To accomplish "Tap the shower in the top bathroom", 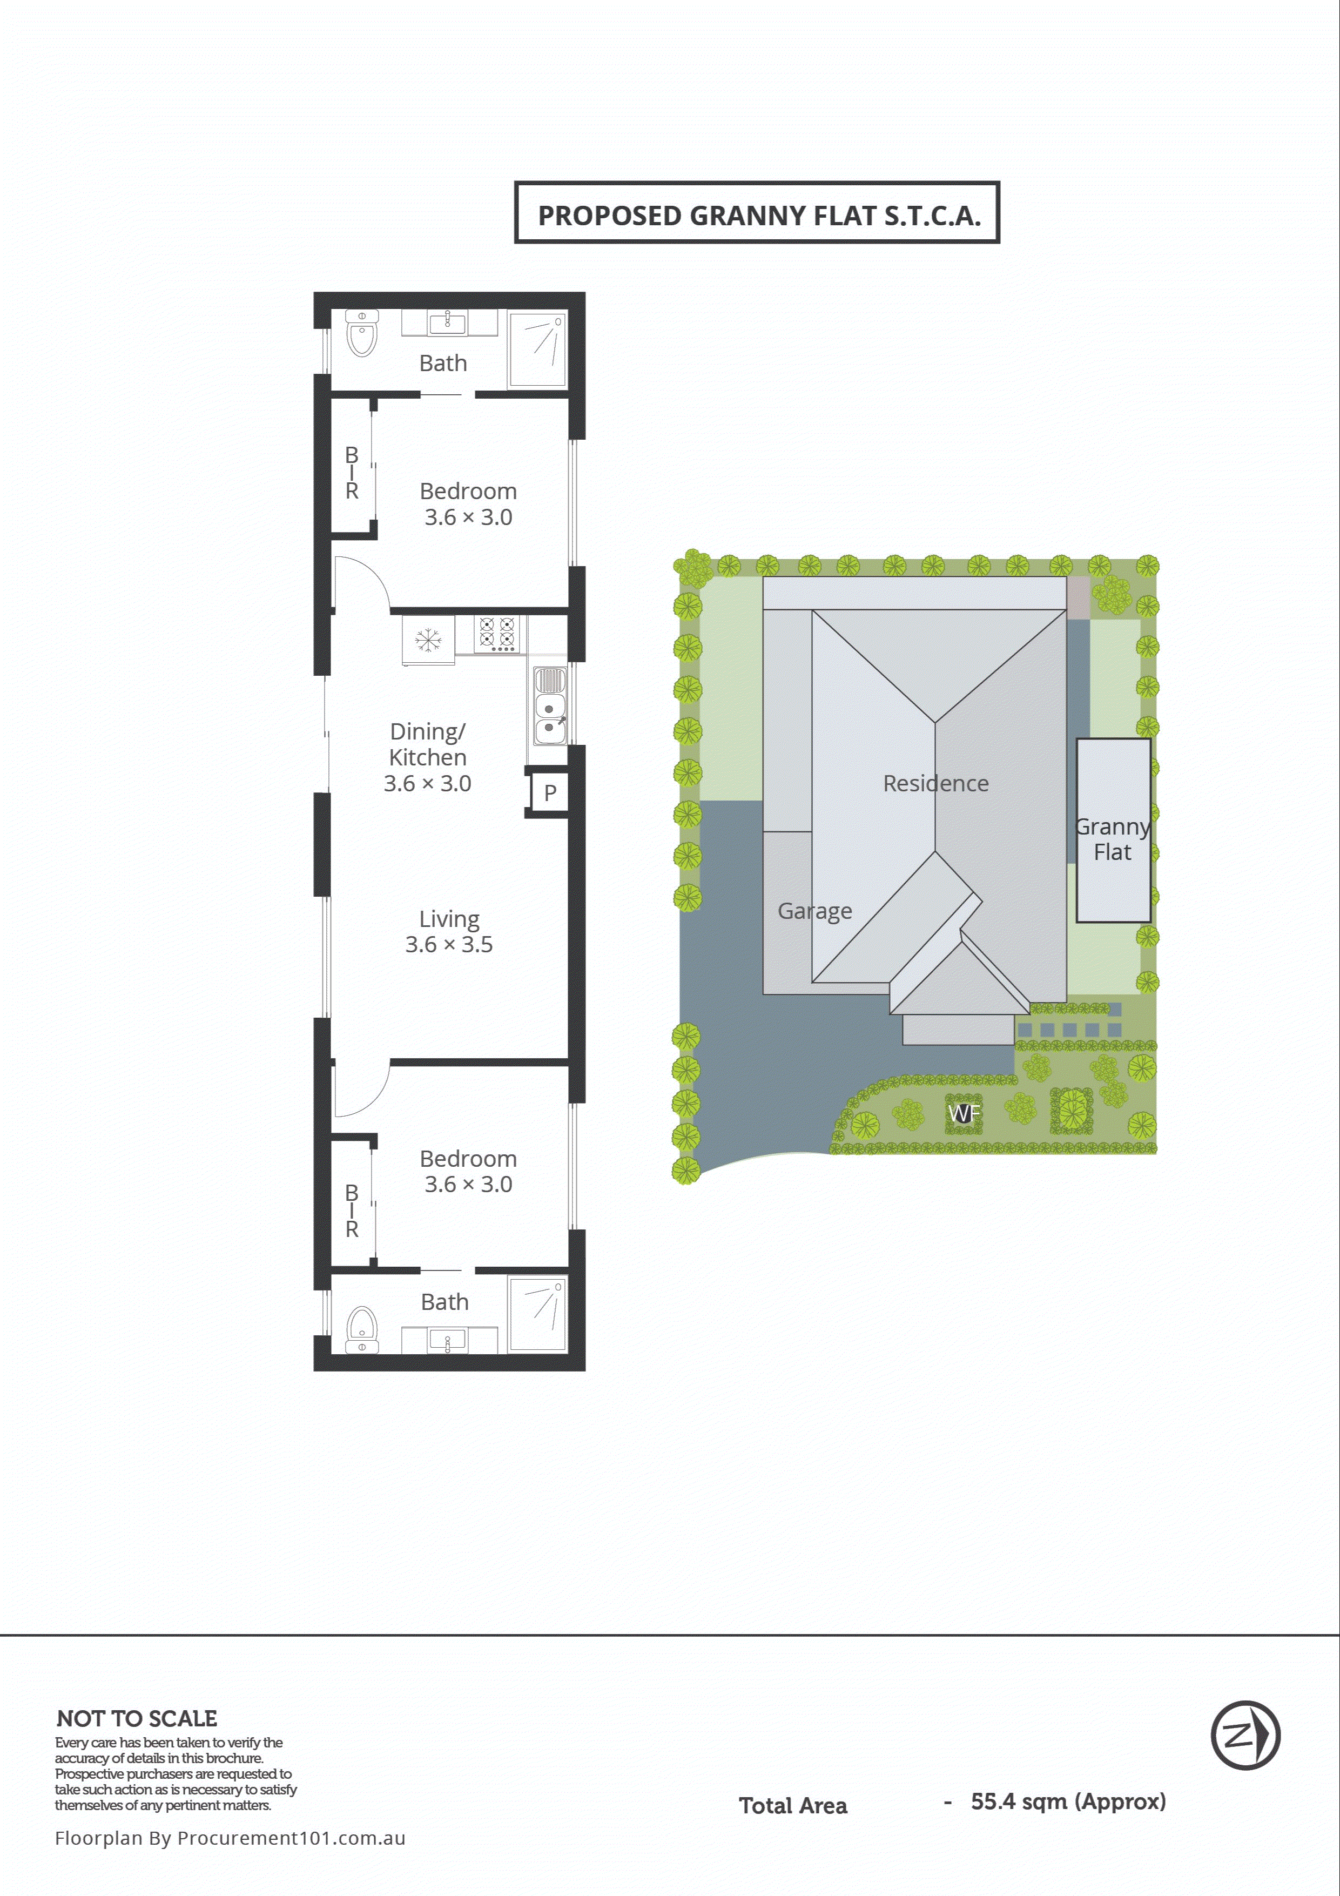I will pos(537,348).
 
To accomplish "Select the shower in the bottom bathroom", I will pos(537,1313).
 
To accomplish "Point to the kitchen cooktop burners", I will pos(498,634).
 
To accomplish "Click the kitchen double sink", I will pos(549,707).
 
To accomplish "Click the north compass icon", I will pos(1245,1735).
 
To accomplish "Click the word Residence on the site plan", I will pos(935,783).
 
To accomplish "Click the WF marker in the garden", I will pos(964,1113).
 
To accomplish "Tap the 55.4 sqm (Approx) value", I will pos(1068,1801).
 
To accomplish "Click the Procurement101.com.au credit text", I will pos(230,1837).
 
